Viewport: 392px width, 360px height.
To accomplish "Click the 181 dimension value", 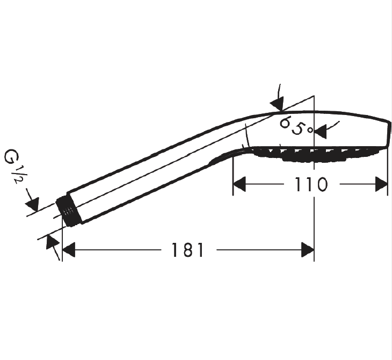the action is tap(187, 250).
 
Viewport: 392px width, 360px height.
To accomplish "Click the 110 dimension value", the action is tap(311, 184).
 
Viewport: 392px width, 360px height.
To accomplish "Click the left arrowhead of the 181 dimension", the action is tap(69, 250).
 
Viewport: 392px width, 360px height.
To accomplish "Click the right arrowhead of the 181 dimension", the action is tap(308, 250).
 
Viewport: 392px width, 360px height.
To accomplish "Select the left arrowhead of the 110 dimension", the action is tap(239, 184).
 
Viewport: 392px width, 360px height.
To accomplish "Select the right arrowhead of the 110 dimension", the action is tap(381, 184).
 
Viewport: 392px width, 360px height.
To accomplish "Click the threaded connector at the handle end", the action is tap(68, 211).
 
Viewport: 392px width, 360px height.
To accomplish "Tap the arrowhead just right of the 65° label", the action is tap(321, 132).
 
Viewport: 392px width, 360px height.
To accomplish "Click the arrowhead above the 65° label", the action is tap(278, 104).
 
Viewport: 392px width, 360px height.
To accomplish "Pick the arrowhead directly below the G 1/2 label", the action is tap(33, 204).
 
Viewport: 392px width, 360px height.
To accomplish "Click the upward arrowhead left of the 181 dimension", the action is tap(52, 242).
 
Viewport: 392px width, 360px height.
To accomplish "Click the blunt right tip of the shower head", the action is tap(389, 134).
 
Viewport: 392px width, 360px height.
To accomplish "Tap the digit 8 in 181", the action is tap(187, 250).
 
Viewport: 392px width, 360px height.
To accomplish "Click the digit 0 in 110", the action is tap(321, 184).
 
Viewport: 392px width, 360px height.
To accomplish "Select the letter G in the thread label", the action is tap(12, 156).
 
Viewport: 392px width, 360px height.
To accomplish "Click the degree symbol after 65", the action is tap(310, 130).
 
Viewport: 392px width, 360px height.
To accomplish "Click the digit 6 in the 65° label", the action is tap(285, 123).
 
